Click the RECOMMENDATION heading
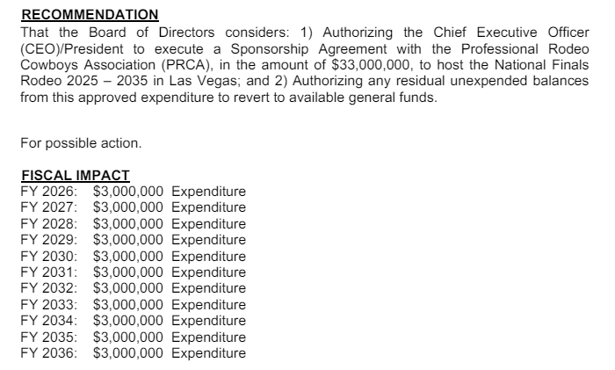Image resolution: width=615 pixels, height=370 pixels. [x=89, y=14]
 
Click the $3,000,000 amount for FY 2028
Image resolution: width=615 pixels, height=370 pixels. [x=128, y=224]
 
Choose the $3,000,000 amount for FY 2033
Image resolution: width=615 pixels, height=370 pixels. [x=128, y=305]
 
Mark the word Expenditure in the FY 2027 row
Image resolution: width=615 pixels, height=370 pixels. [x=208, y=207]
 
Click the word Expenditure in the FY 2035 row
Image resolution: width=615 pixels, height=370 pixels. [x=208, y=337]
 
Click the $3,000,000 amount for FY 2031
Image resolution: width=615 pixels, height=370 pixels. [x=128, y=272]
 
